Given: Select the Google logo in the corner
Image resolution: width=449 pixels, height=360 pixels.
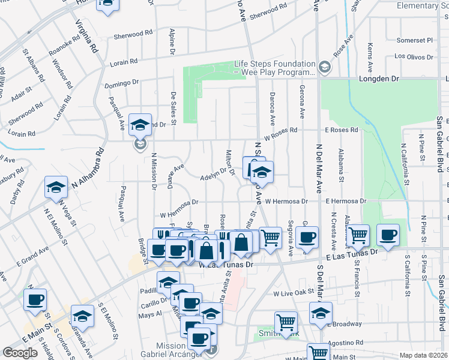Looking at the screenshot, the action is point(20,352).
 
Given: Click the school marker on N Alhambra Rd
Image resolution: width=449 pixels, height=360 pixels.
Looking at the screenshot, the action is point(56,187).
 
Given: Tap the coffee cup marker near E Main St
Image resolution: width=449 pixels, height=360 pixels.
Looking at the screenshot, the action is point(35,298).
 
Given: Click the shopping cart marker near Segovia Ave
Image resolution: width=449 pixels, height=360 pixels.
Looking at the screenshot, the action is point(270,237).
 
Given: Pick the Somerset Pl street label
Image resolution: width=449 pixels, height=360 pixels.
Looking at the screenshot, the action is point(414,41).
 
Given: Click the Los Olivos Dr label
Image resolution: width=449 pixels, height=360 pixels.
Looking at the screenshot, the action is point(414,56).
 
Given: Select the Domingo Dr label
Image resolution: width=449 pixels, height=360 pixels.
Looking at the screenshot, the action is point(121,83).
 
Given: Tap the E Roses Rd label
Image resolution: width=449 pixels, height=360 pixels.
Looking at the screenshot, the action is point(342,130).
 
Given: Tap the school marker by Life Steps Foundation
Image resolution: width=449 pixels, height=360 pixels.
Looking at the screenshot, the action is point(325,67).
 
